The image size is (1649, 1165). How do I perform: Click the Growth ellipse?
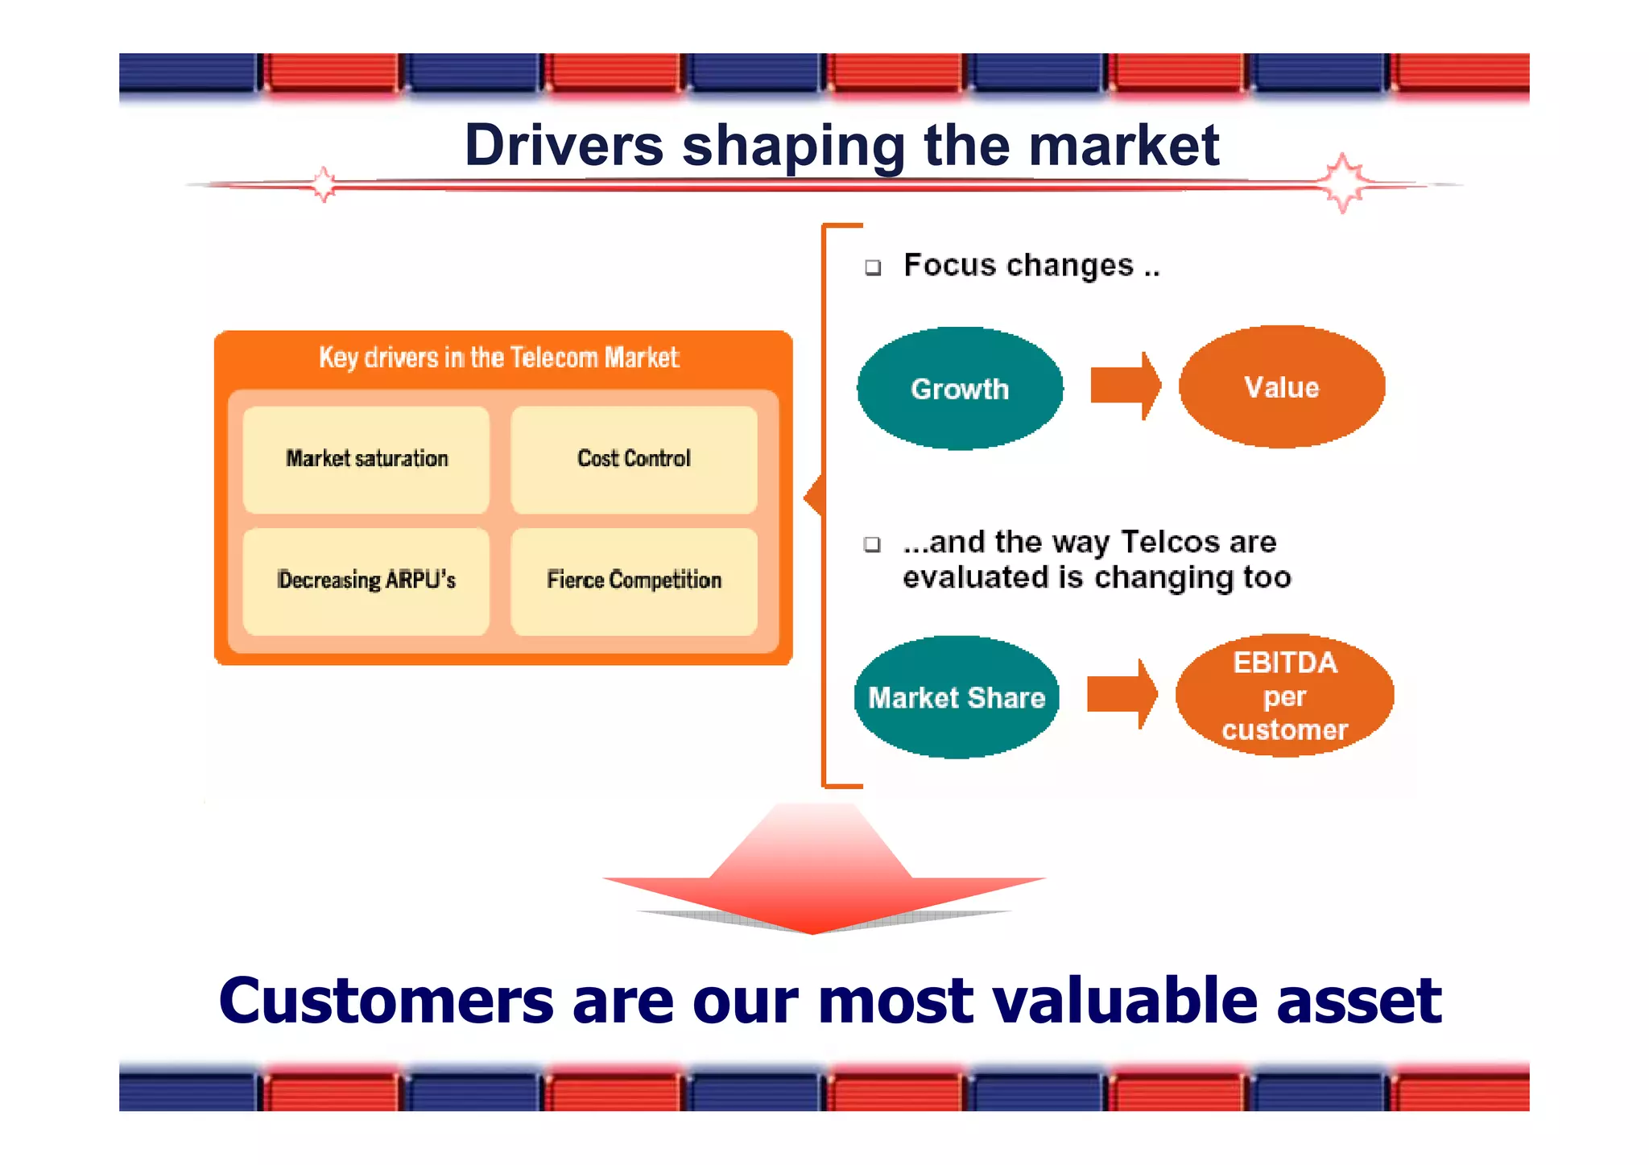pos(959,388)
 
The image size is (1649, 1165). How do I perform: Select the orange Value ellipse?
pos(1281,386)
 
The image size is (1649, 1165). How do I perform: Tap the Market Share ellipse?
pos(956,697)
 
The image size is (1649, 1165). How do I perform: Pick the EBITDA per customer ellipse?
pos(1284,696)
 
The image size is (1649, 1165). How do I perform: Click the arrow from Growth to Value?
pos(1125,386)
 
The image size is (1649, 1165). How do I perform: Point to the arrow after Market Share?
pos(1122,694)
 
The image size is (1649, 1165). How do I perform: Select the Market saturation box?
pos(366,459)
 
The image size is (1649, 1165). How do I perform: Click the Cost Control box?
pos(634,459)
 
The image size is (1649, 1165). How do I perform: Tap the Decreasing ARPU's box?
pos(366,580)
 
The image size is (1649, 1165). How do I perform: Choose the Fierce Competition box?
pos(634,580)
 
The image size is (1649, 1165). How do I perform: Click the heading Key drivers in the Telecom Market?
pos(498,357)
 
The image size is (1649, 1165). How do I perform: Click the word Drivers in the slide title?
pos(564,146)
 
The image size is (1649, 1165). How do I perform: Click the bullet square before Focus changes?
pos(873,267)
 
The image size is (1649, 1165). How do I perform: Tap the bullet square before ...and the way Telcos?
pos(872,544)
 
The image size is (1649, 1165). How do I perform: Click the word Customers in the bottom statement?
pos(386,1000)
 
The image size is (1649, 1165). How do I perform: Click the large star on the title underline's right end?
pos(1342,183)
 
